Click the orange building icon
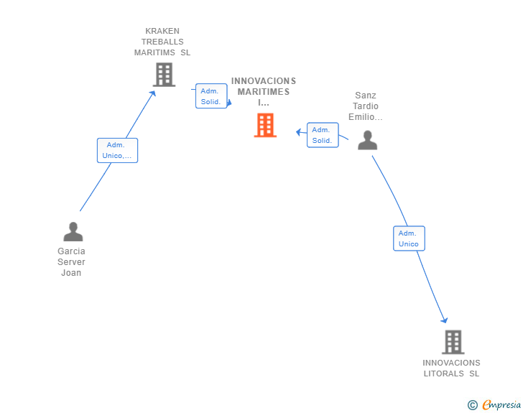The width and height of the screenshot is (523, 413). coord(265,125)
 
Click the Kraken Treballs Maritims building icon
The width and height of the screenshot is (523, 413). coord(164,75)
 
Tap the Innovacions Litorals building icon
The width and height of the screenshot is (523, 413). coord(453,342)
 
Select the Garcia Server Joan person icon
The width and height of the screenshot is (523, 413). coord(73,231)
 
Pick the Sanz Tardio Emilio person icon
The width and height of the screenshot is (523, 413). coord(367,140)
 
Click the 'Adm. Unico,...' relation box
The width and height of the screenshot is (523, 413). coord(117,150)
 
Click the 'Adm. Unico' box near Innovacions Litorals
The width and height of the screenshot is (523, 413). coord(409,238)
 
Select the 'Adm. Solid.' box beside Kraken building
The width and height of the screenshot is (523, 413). coord(211,96)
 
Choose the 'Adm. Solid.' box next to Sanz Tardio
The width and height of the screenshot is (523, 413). coord(323,135)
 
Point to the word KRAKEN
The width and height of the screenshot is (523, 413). coord(162,31)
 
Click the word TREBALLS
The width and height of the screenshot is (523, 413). coord(162,42)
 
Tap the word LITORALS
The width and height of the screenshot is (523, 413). coord(444,373)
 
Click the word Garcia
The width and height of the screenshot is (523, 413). coord(71,251)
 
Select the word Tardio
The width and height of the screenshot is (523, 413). coord(366,106)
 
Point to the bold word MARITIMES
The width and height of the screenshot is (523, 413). coord(264,92)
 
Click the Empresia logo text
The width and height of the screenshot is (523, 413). coord(501,404)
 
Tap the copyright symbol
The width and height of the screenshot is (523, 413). coord(473,405)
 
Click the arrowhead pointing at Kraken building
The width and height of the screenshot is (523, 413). coord(153,93)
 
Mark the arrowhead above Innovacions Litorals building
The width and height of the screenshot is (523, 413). coord(444,320)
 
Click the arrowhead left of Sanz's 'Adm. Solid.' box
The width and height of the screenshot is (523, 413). coord(299,132)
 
